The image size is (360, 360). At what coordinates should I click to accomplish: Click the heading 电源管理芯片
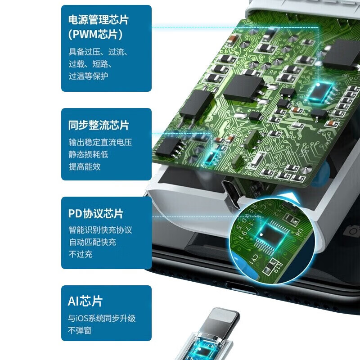[98, 20]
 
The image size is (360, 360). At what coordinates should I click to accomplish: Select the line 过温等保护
[88, 76]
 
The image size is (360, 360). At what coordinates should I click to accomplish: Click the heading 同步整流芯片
[98, 125]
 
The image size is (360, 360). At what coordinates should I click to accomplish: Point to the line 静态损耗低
[88, 154]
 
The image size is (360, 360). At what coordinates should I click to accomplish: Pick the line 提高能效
[84, 166]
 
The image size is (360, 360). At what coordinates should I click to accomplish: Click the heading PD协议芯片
[95, 213]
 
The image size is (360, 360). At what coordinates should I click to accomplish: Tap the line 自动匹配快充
[92, 242]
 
